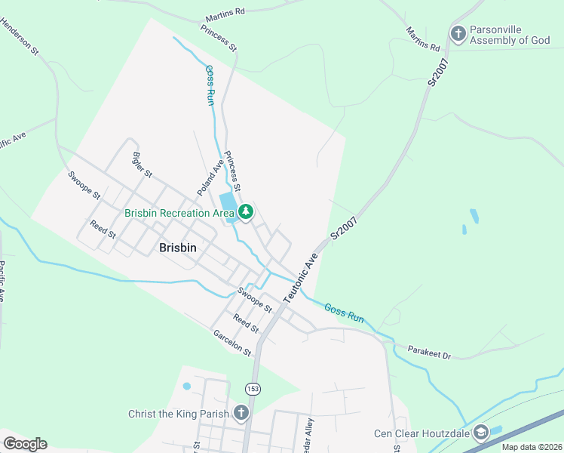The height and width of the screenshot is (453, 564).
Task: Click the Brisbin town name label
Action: point(179,247)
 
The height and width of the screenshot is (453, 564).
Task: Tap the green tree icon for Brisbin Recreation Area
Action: point(245,213)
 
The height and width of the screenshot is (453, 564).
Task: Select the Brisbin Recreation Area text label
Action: point(180,213)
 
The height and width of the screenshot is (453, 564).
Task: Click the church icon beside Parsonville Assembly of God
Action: point(458,33)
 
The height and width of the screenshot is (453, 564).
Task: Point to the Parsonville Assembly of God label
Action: point(510,35)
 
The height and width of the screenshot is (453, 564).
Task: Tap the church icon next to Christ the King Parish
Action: point(241,413)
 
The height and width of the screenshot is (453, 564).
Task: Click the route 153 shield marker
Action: point(252,388)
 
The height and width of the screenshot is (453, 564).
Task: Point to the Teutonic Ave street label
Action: point(301,279)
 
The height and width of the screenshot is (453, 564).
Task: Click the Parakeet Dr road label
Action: point(428,353)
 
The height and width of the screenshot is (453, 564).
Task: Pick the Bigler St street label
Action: point(142,165)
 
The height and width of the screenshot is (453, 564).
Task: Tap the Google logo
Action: point(25,443)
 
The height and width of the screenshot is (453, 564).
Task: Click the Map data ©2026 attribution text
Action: point(532,447)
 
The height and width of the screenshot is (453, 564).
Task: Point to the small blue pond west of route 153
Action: point(187,387)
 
